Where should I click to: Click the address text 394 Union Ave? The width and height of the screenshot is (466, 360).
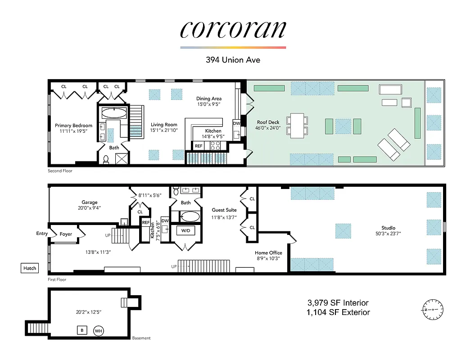tap(233, 59)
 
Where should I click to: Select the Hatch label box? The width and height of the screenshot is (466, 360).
tap(30, 268)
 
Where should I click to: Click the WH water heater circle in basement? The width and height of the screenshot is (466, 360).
tap(99, 331)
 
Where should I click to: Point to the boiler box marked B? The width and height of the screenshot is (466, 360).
tap(81, 331)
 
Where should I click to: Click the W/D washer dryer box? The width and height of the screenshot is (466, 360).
tap(185, 231)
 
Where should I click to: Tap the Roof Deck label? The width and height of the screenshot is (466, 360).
tap(268, 122)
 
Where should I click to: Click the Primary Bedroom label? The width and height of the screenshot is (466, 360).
tap(73, 126)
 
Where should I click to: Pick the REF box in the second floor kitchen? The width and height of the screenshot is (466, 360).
tap(199, 146)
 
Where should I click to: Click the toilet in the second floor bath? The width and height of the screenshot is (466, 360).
tap(106, 158)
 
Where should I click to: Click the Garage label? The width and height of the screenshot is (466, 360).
tap(90, 202)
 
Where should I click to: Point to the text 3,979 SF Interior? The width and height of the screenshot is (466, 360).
tap(338, 302)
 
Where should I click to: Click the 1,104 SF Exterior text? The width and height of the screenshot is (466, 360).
tap(338, 312)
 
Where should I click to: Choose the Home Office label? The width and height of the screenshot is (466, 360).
tap(268, 252)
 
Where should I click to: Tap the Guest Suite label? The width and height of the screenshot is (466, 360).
tap(224, 210)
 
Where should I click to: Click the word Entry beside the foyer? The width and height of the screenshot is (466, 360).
tap(42, 234)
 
